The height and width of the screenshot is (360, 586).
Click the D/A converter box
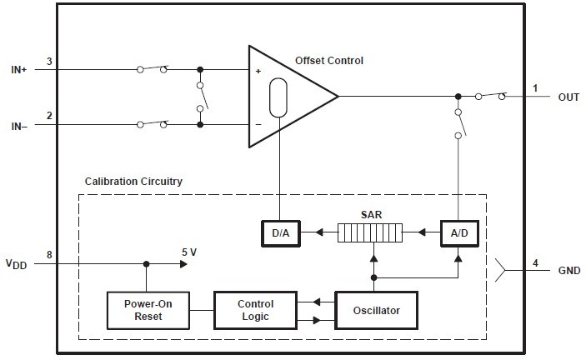(x=279, y=232)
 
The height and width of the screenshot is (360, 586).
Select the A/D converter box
(x=460, y=232)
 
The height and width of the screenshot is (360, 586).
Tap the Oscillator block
(x=376, y=310)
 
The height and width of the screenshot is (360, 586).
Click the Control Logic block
(x=255, y=310)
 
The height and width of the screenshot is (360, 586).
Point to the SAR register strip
(x=371, y=232)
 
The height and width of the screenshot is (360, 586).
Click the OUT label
(x=568, y=97)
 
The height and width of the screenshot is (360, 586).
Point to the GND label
(x=569, y=271)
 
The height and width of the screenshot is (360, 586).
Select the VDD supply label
(x=17, y=265)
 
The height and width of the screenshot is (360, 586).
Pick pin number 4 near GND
(x=536, y=263)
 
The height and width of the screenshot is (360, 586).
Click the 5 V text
(x=190, y=252)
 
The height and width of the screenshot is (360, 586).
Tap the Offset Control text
(x=329, y=61)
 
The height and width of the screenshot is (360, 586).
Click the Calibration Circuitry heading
(x=133, y=182)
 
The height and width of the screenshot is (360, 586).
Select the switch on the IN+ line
(x=152, y=69)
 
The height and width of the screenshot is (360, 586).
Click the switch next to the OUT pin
(x=489, y=96)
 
